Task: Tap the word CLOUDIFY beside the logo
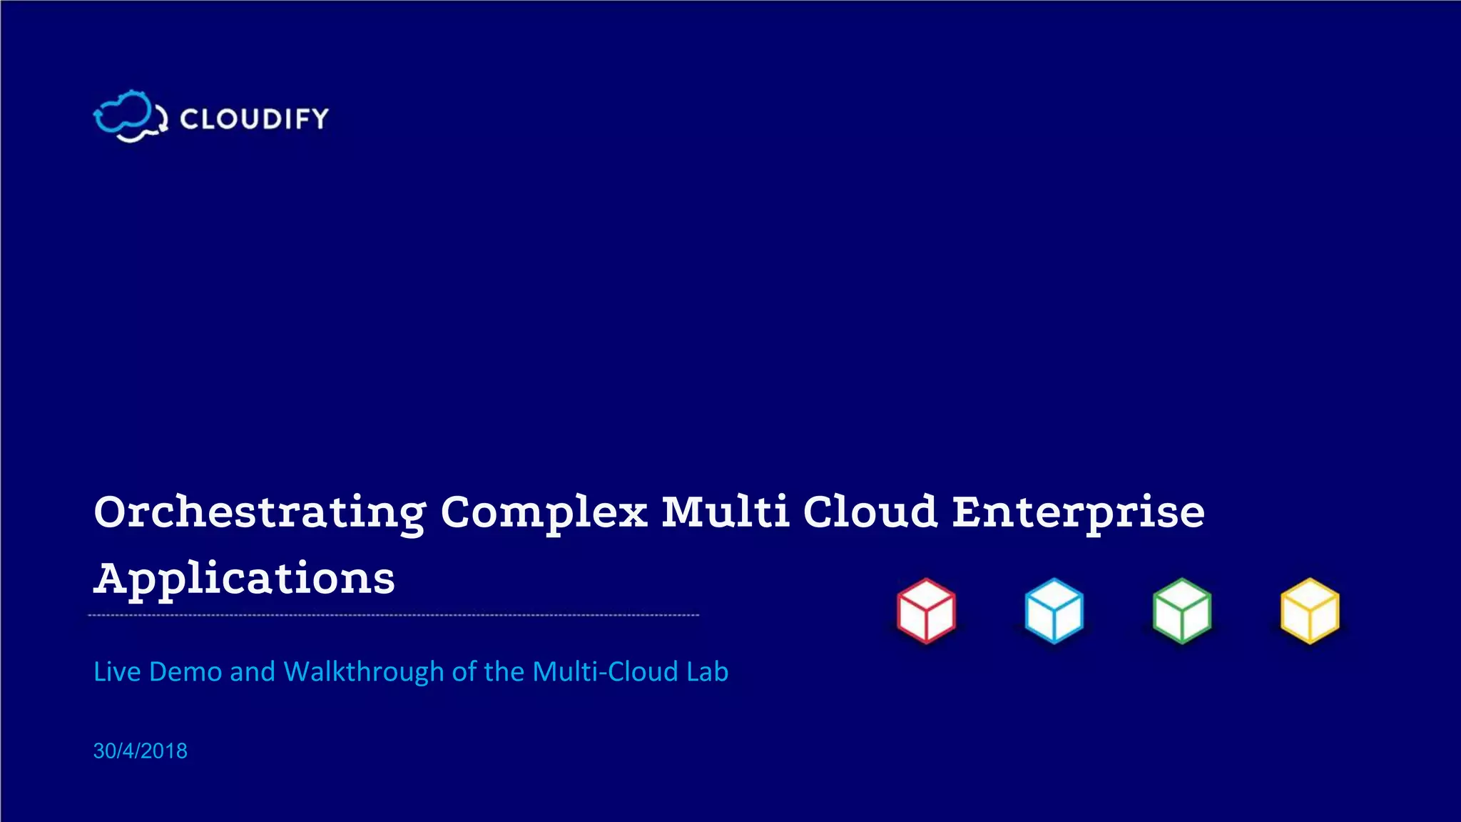click(x=254, y=118)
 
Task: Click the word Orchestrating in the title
click(x=260, y=513)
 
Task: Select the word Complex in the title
click(x=544, y=513)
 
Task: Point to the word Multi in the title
click(x=725, y=512)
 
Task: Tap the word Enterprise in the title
click(x=1078, y=513)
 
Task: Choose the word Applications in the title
click(x=244, y=579)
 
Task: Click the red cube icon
click(x=926, y=611)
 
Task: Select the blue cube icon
click(x=1054, y=611)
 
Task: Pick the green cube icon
click(x=1181, y=611)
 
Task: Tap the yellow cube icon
click(x=1310, y=611)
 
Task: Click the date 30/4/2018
click(x=141, y=751)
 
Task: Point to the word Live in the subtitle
click(x=117, y=672)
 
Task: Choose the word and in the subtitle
click(x=252, y=672)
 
